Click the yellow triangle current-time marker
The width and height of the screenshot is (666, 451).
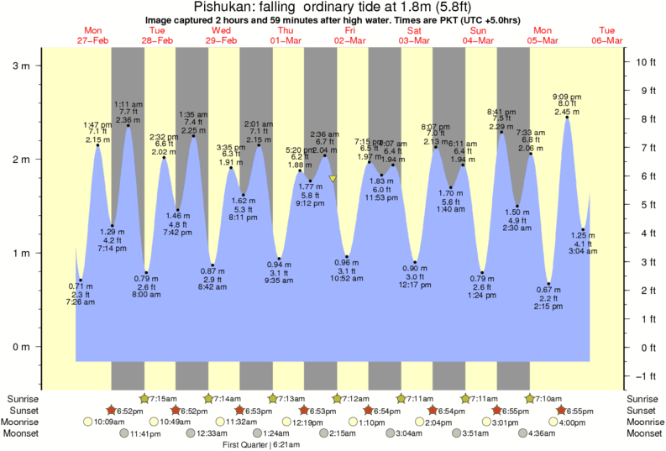pyautogui.click(x=333, y=179)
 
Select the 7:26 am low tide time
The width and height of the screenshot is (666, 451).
pyautogui.click(x=81, y=302)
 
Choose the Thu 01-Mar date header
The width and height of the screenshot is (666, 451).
pyautogui.click(x=286, y=35)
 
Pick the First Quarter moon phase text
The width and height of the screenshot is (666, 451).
pyautogui.click(x=249, y=444)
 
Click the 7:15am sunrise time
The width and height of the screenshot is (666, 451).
pyautogui.click(x=163, y=398)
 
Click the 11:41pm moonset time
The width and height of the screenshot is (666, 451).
pyautogui.click(x=145, y=433)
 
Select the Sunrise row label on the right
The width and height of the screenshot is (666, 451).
pyautogui.click(x=642, y=398)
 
